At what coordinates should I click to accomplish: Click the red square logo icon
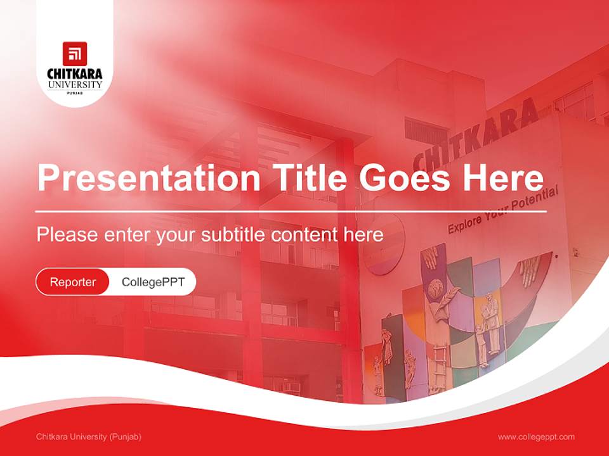tap(75, 54)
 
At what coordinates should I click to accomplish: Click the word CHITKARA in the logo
tap(75, 74)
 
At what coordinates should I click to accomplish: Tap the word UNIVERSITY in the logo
tap(75, 84)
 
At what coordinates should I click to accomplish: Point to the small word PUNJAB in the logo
tap(75, 92)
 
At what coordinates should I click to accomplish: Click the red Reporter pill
tap(73, 282)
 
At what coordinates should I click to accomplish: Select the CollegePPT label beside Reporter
tap(153, 282)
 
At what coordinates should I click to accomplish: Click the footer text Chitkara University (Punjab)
tap(89, 437)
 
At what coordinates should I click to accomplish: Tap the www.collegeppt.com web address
tap(536, 437)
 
